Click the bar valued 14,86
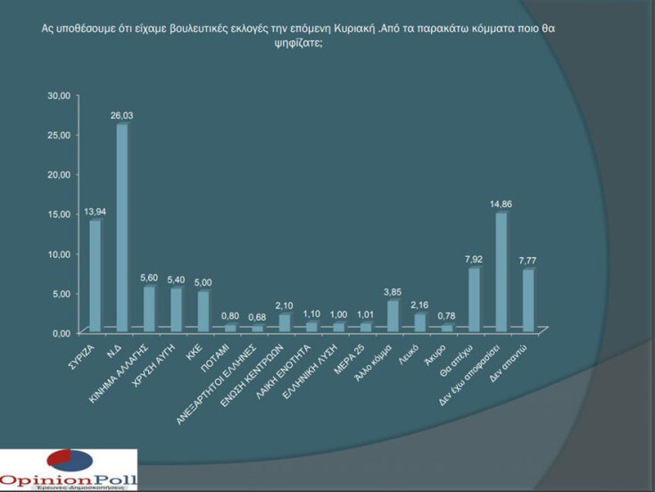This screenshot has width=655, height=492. [501, 272]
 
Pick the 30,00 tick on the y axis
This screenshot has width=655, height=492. [58, 96]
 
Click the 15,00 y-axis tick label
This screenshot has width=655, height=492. [58, 214]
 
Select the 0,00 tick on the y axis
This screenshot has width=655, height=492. [60, 333]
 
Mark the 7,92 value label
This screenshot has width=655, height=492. [475, 259]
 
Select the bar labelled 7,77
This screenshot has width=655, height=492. [527, 300]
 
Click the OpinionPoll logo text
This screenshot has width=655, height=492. [69, 479]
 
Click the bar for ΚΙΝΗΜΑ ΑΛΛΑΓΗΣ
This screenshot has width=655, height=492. [149, 309]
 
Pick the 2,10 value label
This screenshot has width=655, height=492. [285, 305]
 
